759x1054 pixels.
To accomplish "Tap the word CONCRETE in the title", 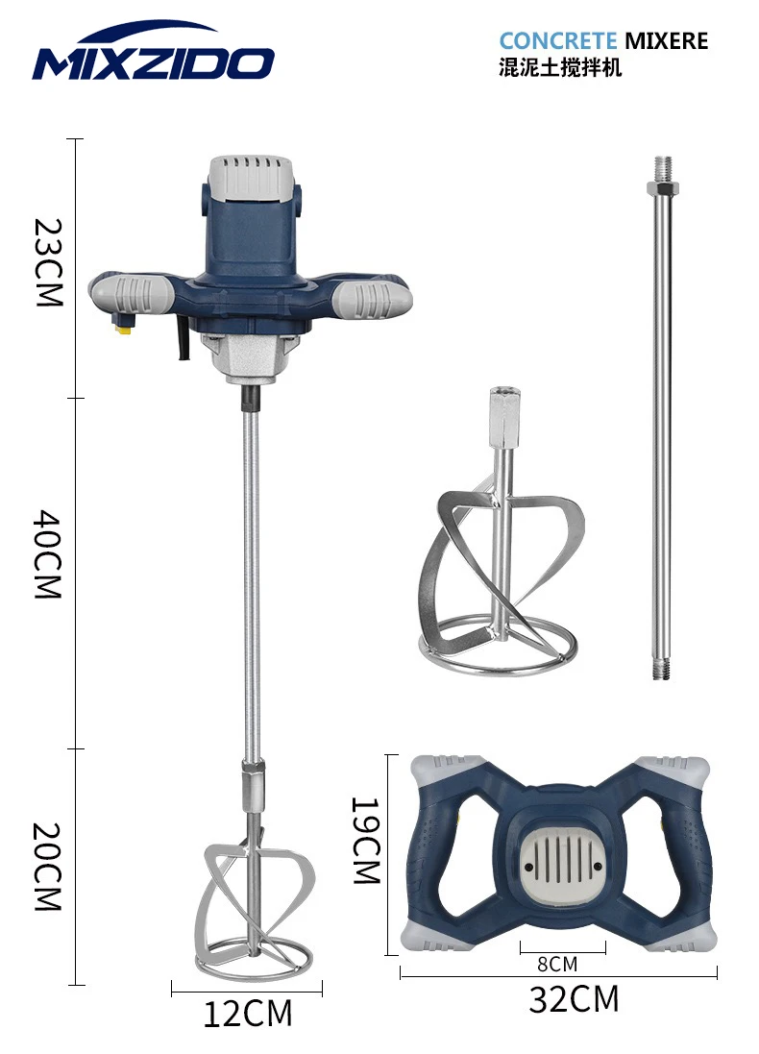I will point(557,41).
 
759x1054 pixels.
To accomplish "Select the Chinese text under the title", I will point(560,68).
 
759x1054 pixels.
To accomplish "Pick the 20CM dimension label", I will point(48,866).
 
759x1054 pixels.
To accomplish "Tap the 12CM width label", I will point(247,1013).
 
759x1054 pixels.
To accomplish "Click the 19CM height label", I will point(366,840).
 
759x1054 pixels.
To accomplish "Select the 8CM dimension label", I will point(556,963).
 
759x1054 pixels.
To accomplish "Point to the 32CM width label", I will point(574,999).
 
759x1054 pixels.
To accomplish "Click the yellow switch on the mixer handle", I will point(122,328).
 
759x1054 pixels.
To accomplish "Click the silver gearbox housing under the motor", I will point(251,360).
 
